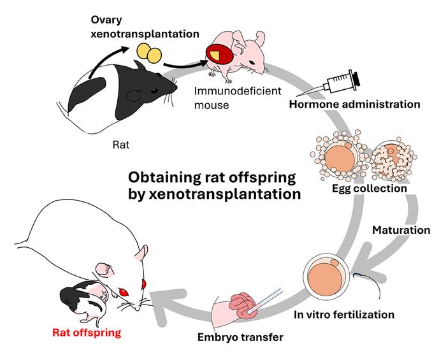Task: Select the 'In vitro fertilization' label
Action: pyautogui.click(x=344, y=314)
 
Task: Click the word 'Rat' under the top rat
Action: pyautogui.click(x=120, y=145)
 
